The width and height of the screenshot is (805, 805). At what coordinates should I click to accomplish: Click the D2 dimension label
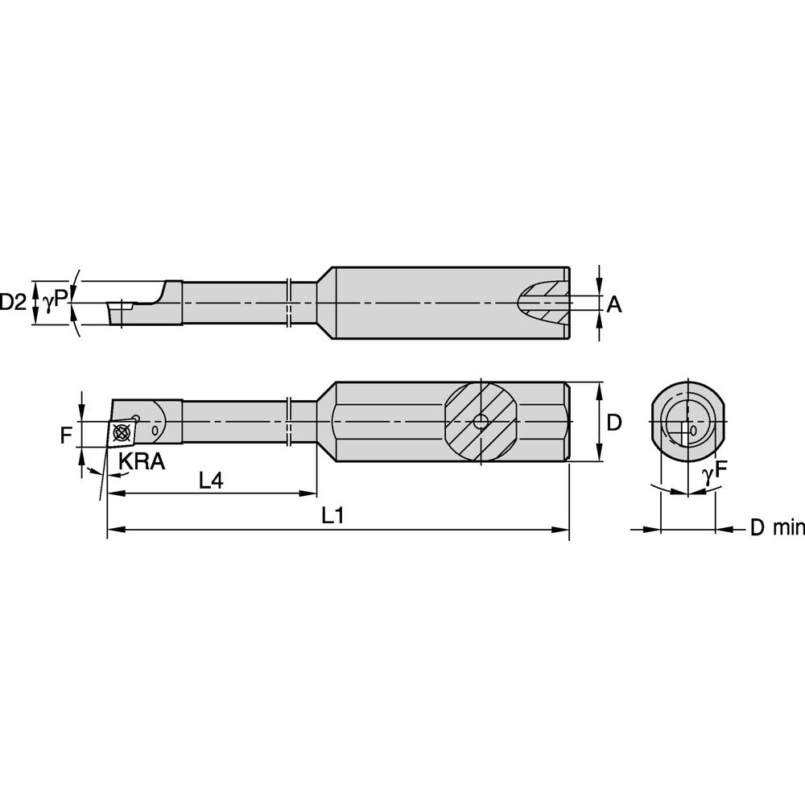coord(13,303)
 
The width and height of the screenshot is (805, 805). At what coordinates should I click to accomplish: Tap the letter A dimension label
coord(614,303)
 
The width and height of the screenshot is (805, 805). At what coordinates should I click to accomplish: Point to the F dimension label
coord(66,436)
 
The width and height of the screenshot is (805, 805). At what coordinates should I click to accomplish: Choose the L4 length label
coord(211,481)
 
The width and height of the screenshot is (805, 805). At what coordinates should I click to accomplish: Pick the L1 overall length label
coord(332,517)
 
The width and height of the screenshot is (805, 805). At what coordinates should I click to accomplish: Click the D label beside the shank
coord(614,423)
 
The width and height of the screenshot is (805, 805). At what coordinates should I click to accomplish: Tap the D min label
coord(777,528)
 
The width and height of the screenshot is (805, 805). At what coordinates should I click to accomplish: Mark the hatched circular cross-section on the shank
coord(480,422)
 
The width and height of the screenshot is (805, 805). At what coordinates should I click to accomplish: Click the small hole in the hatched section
coord(480,422)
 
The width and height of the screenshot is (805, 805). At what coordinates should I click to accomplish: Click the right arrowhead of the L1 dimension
coord(563,530)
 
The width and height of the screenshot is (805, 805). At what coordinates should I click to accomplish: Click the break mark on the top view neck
coord(288,303)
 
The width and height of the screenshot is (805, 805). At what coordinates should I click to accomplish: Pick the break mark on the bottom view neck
coord(288,422)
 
